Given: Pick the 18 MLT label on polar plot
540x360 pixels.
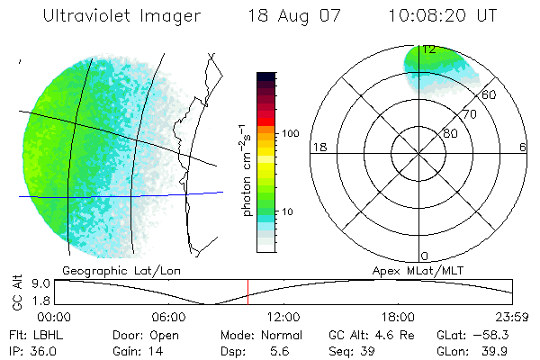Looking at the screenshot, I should click(x=318, y=147).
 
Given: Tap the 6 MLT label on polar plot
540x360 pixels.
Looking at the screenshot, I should click(x=523, y=147).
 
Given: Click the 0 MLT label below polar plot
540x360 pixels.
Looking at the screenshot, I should click(x=425, y=256).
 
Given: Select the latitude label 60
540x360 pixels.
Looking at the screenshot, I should click(x=490, y=95).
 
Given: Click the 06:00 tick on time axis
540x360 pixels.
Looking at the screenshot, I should click(x=168, y=317).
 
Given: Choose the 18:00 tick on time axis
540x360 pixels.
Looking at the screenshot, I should click(x=398, y=317).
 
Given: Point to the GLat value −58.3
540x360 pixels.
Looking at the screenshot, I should click(x=496, y=335).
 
